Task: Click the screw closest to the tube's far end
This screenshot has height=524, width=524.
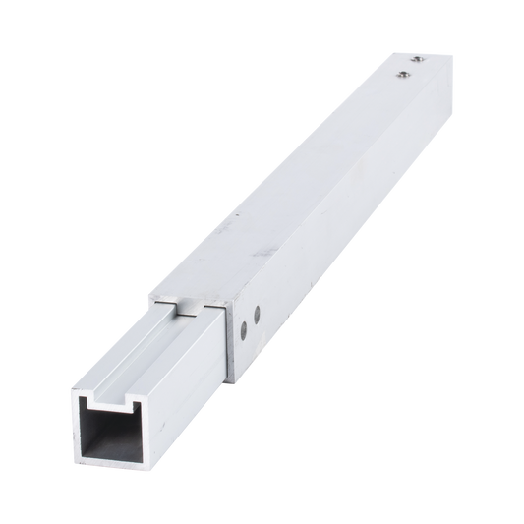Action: click(420, 60)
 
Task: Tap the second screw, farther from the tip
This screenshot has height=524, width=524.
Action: click(402, 73)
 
